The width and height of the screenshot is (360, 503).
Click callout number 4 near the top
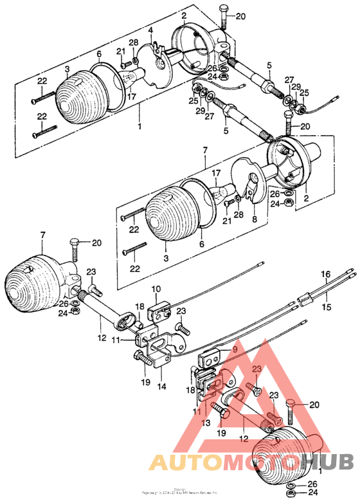pos(150,30)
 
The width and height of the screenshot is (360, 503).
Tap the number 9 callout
pos(235,349)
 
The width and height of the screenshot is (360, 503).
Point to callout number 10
pos(155,289)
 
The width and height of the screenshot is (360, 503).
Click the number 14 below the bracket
pos(161,387)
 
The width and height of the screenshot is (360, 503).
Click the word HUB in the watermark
pos(327,462)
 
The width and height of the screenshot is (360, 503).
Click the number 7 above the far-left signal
pos(42,237)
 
